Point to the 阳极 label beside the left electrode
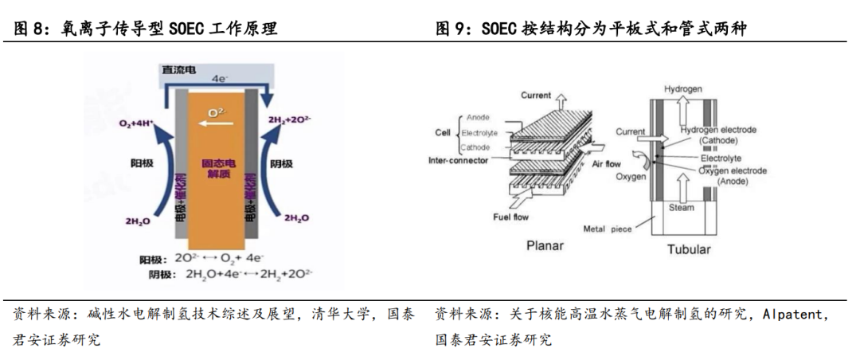[x=142, y=162]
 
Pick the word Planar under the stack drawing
[x=545, y=245]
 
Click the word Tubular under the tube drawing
[x=688, y=248]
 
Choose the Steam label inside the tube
[x=681, y=208]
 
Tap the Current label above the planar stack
[x=537, y=96]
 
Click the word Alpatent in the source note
[x=795, y=315]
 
